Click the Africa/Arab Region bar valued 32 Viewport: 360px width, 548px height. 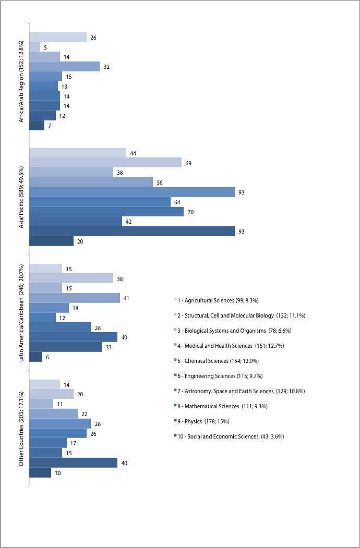(x=64, y=66)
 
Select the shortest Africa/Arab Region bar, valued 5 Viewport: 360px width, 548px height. (x=34, y=47)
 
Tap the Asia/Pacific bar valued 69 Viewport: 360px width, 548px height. (x=105, y=163)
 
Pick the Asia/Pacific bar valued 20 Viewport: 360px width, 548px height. (x=52, y=241)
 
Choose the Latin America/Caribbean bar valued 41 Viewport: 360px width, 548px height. (x=75, y=298)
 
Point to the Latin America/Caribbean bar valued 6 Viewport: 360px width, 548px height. (x=35, y=357)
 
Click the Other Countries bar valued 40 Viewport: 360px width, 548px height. (x=73, y=462)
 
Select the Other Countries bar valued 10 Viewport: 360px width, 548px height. (x=40, y=472)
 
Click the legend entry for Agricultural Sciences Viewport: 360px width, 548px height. (x=216, y=300)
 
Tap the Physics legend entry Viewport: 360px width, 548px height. (x=201, y=421)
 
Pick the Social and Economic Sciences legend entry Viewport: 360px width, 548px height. (x=229, y=436)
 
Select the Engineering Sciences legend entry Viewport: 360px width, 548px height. (x=218, y=376)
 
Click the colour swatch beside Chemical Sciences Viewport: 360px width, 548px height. (x=175, y=360)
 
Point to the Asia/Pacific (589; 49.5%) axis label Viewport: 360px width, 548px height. (x=22, y=197)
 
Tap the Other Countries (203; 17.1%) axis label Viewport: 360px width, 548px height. (x=22, y=428)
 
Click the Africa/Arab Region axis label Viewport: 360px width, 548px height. (x=22, y=81)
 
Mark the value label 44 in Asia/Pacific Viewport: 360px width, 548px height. (x=133, y=153)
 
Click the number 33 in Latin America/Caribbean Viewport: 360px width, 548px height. (x=109, y=347)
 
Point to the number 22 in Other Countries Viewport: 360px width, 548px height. (x=85, y=414)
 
